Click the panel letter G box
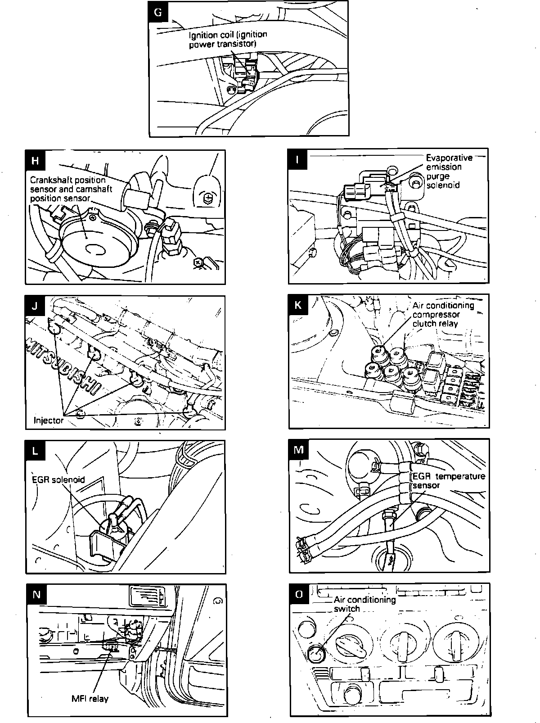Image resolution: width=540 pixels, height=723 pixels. (158, 12)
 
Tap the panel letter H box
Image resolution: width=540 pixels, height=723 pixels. (36, 161)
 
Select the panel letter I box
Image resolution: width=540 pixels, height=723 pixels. (298, 159)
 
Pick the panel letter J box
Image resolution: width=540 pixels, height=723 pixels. (36, 306)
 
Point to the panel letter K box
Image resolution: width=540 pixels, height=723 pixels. (298, 305)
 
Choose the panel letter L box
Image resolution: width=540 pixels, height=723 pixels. (36, 451)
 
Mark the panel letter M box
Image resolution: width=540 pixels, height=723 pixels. (299, 450)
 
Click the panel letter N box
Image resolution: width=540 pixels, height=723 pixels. (36, 595)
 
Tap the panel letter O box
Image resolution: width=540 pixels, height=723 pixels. (299, 594)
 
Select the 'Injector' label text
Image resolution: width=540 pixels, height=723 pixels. (49, 420)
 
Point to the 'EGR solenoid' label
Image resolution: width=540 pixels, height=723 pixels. (58, 479)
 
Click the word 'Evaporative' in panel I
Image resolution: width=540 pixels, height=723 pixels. (449, 158)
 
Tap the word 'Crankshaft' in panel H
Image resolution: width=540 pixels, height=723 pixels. (49, 180)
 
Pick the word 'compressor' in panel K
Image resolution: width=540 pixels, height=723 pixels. (436, 314)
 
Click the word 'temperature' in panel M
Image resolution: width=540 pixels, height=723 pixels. (461, 476)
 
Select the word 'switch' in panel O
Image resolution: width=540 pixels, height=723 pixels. (346, 609)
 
